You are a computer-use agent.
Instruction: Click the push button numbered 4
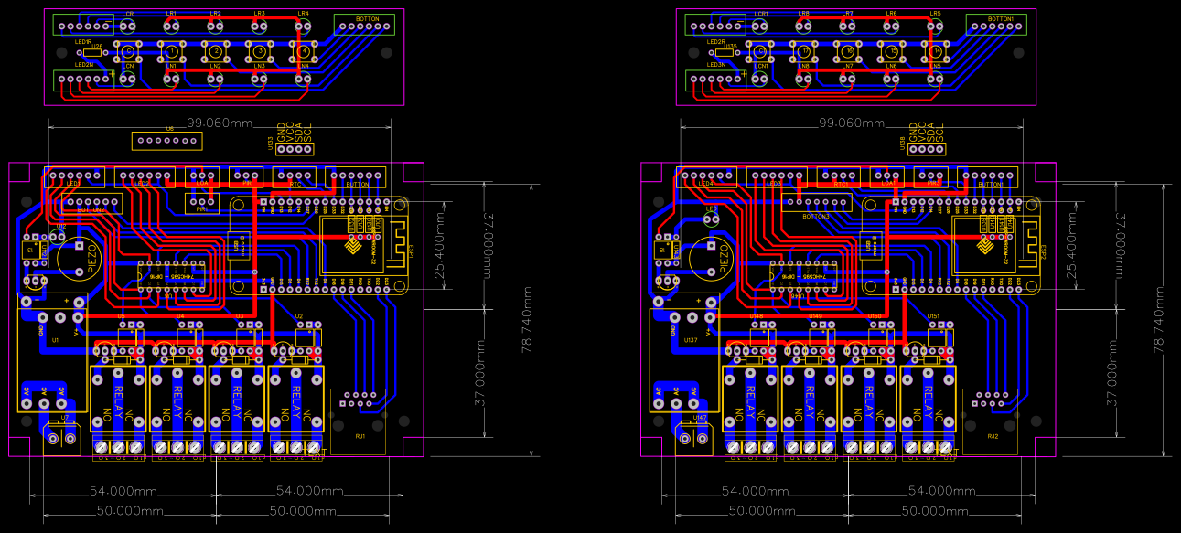click(x=303, y=51)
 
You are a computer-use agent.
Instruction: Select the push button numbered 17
click(x=804, y=51)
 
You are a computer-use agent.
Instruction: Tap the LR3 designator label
click(x=259, y=14)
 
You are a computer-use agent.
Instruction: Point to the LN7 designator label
click(x=848, y=67)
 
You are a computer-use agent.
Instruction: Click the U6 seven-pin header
click(x=166, y=141)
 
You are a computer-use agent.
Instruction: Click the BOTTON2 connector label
click(x=91, y=209)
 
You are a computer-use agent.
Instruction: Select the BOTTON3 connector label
click(x=813, y=216)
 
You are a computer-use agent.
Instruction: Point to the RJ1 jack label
click(x=360, y=436)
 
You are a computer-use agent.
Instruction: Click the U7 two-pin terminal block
click(x=61, y=440)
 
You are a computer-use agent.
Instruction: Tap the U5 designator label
click(x=121, y=315)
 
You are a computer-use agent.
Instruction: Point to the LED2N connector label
click(x=83, y=65)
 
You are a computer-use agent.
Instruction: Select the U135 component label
click(x=730, y=46)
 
